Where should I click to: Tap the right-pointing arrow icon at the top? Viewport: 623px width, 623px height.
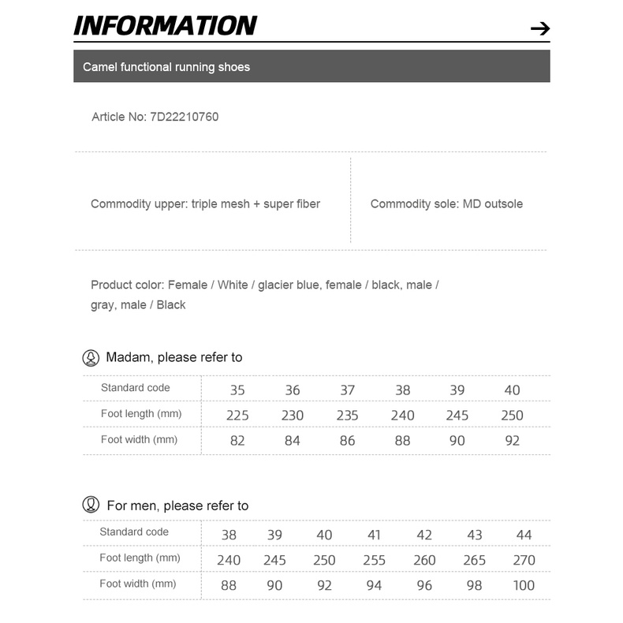539,29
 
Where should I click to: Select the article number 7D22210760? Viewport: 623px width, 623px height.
184,117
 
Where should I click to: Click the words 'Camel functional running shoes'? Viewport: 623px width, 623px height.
166,67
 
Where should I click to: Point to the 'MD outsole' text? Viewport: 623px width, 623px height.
493,203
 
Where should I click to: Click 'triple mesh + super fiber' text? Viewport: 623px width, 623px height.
256,203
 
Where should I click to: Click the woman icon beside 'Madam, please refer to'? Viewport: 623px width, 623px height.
91,358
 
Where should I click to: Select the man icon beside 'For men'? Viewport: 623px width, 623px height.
91,505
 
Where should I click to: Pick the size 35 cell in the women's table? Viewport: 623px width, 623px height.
237,390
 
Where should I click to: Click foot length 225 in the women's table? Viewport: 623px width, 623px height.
237,415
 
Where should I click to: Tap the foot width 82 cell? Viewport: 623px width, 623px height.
237,441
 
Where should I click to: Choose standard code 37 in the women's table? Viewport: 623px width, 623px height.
348,390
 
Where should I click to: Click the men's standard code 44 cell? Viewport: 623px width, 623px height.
524,535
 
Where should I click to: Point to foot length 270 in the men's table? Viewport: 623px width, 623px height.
524,560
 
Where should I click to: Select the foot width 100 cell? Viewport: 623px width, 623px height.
524,585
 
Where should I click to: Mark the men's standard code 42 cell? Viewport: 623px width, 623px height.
424,535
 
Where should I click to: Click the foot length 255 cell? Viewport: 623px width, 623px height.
375,560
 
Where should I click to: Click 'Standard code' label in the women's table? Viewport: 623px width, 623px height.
136,387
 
